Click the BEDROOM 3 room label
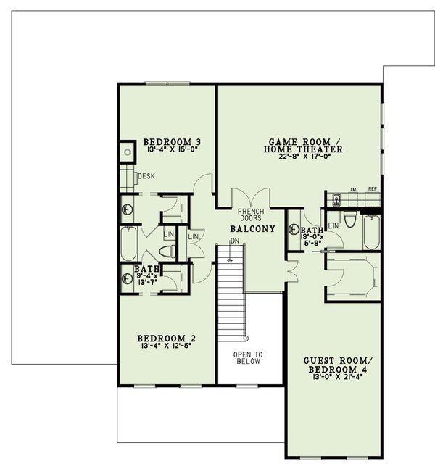(171, 141)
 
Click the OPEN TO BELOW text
(247, 357)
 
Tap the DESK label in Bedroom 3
(146, 176)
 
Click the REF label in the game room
(372, 189)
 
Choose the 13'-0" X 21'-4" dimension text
(334, 378)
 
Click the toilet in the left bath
(167, 251)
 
